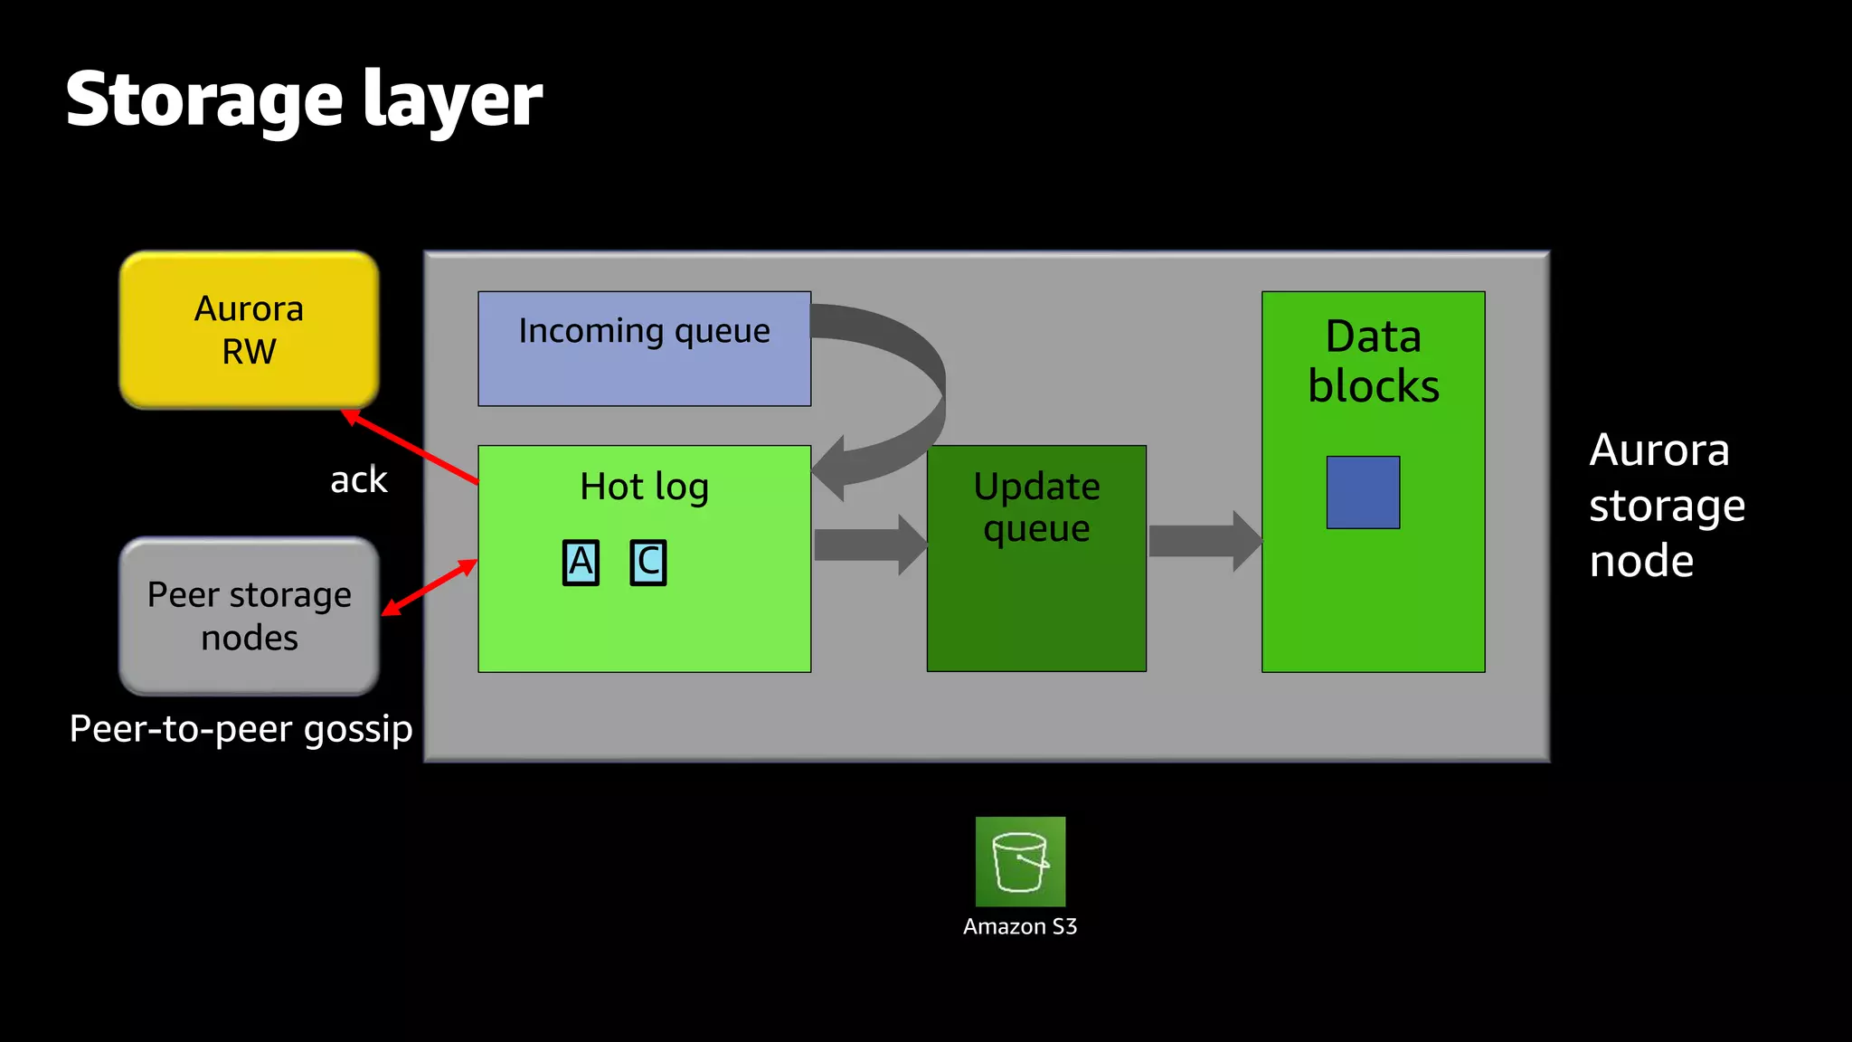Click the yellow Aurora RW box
pyautogui.click(x=249, y=330)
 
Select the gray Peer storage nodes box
pyautogui.click(x=249, y=616)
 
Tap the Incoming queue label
pyautogui.click(x=644, y=332)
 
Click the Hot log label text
pyautogui.click(x=644, y=488)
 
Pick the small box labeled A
pyautogui.click(x=581, y=563)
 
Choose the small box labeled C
pyautogui.click(x=648, y=563)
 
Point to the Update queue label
pyautogui.click(x=1036, y=507)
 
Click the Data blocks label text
pyautogui.click(x=1373, y=361)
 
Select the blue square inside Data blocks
pyautogui.click(x=1363, y=492)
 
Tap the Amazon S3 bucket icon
pyautogui.click(x=1020, y=861)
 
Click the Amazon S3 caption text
pyautogui.click(x=1020, y=927)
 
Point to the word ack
pyautogui.click(x=358, y=480)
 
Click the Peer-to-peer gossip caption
pyautogui.click(x=241, y=729)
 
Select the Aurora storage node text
pyautogui.click(x=1666, y=505)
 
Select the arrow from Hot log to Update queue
pyautogui.click(x=869, y=545)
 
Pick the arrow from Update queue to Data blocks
pyautogui.click(x=1204, y=541)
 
